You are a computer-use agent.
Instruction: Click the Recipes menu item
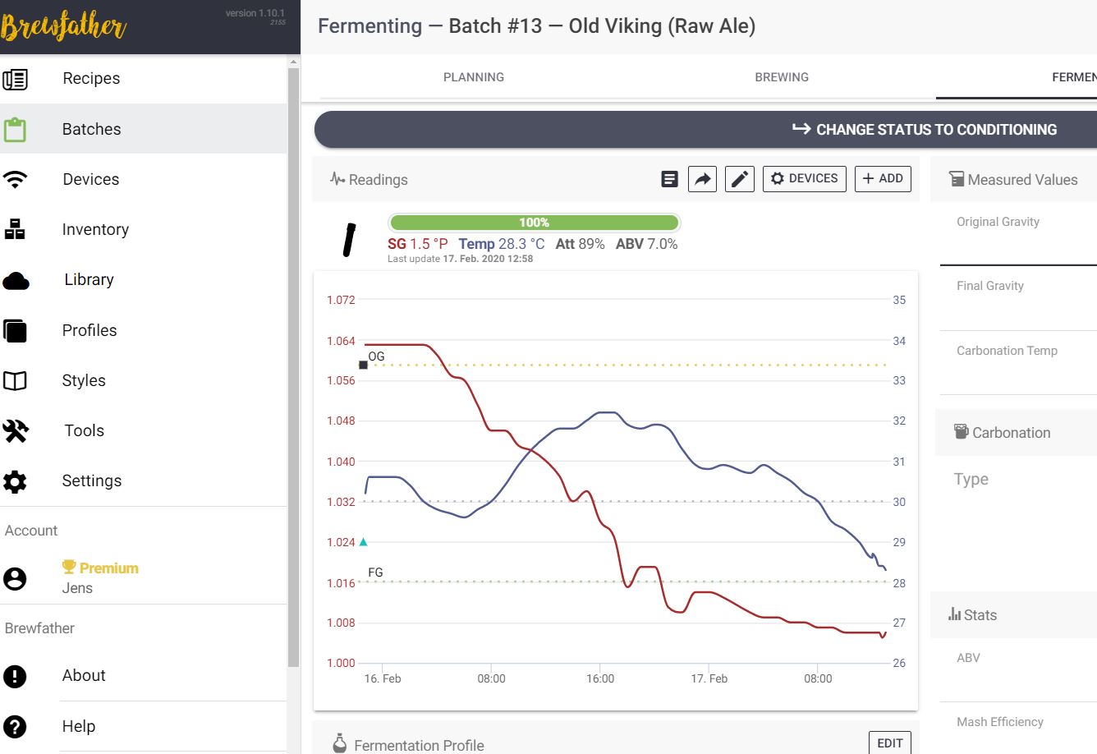tap(91, 79)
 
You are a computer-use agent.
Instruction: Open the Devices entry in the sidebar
tap(90, 179)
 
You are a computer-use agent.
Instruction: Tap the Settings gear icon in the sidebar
tap(16, 481)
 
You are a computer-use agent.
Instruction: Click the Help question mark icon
tap(16, 726)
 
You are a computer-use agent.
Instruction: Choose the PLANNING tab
tap(474, 77)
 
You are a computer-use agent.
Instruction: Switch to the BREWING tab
tap(782, 77)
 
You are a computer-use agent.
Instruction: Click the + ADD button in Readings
tap(883, 179)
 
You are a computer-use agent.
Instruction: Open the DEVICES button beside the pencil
tap(805, 179)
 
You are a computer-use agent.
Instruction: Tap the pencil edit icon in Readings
tap(740, 179)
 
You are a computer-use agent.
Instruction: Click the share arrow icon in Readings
tap(703, 179)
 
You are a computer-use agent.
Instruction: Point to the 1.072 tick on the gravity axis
tap(341, 300)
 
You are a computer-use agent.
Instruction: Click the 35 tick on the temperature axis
tap(899, 300)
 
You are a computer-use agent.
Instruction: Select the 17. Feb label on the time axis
tap(709, 678)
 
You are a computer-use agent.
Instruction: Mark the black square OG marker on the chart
tap(364, 365)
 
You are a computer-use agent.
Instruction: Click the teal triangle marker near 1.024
tap(363, 542)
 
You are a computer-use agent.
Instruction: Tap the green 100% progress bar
tap(534, 223)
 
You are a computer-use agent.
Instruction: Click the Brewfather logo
tap(64, 27)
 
